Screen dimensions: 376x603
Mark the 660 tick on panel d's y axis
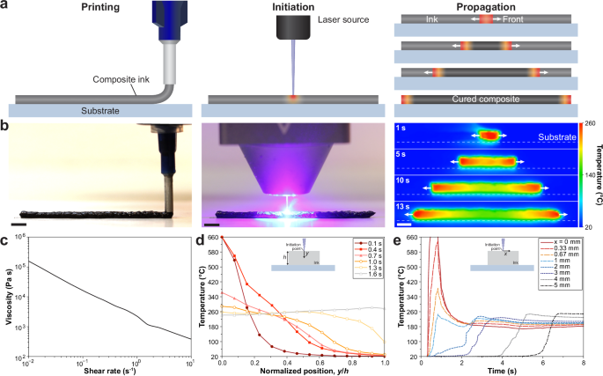pos(210,238)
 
